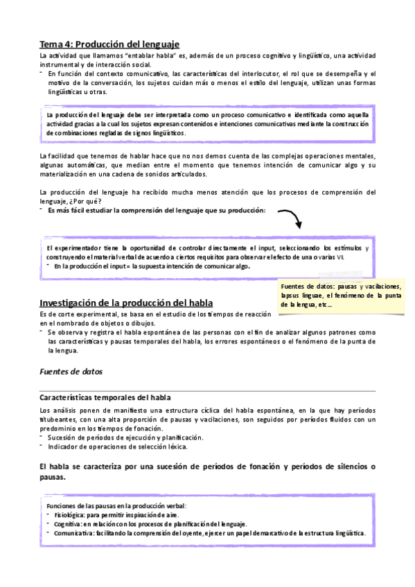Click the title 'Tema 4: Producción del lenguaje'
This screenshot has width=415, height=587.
tap(110, 43)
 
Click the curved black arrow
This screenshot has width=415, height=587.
tap(294, 220)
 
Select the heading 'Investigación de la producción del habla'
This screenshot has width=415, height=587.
tap(126, 302)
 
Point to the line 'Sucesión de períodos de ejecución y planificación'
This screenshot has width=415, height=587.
tap(125, 437)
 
